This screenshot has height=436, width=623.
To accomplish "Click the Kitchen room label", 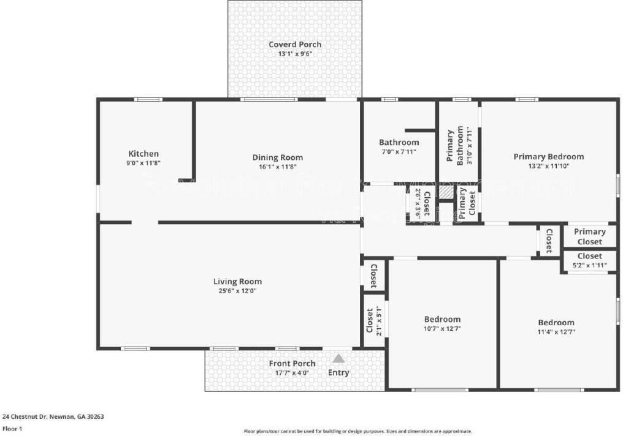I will [143, 154].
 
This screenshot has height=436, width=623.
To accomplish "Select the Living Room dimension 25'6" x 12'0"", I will [237, 291].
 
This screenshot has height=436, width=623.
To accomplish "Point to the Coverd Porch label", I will [295, 44].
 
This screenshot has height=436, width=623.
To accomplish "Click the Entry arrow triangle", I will [338, 358].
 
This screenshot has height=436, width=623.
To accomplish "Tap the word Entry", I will [338, 372].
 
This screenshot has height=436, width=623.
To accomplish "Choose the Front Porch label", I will [292, 364].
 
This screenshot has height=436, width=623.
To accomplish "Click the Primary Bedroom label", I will [548, 157].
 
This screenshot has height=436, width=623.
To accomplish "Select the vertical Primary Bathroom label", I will [451, 146].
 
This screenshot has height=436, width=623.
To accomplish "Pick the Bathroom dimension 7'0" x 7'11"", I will [399, 152].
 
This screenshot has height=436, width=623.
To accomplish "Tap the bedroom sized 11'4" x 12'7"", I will [556, 327].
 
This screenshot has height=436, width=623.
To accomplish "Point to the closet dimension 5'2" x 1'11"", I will [589, 265].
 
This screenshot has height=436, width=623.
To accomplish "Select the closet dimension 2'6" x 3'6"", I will [418, 203].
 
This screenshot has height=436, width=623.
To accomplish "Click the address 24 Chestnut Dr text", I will [53, 416].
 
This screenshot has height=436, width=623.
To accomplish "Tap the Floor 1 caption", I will [13, 429].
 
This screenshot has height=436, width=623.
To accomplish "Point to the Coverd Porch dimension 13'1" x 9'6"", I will [295, 54].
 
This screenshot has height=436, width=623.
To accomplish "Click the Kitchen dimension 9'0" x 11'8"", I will [143, 163].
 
